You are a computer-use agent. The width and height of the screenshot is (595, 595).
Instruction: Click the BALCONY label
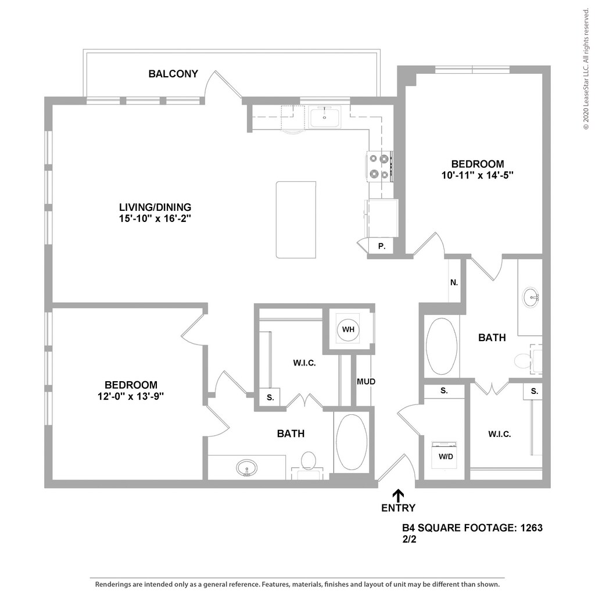point(173,74)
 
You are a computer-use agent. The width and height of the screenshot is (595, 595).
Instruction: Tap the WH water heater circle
point(348,330)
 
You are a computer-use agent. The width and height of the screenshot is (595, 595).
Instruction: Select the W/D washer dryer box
point(446,456)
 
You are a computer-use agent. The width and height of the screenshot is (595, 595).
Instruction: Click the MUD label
point(366,382)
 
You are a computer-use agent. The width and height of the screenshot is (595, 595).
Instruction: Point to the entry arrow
point(398,495)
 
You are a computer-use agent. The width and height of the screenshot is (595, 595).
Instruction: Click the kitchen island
point(296,219)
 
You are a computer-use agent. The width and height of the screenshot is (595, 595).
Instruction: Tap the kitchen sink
point(324,117)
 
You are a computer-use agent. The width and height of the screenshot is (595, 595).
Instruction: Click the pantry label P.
point(382,246)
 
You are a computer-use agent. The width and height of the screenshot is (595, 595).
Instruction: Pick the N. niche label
point(454,283)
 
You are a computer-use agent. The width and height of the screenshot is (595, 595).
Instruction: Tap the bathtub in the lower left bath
point(350,442)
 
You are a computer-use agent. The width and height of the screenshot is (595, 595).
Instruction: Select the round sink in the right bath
point(531,297)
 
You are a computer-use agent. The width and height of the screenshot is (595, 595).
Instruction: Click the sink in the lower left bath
point(247,467)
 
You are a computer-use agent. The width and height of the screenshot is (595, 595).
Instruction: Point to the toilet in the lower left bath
point(308,462)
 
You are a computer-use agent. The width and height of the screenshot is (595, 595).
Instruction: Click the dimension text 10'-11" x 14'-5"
point(478,174)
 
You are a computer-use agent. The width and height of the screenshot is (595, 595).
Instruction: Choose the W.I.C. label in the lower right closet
point(500,433)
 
